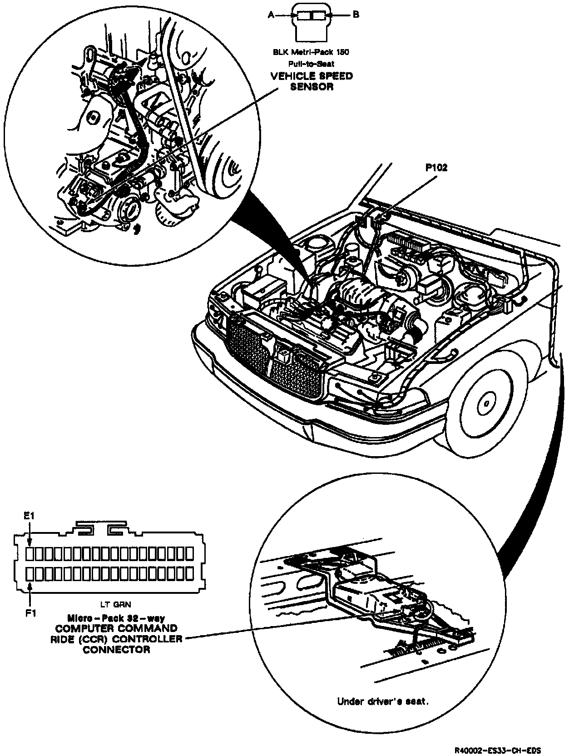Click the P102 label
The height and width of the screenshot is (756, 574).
point(436,168)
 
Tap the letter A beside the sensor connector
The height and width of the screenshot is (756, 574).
point(271,15)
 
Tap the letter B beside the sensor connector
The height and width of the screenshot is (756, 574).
point(356,15)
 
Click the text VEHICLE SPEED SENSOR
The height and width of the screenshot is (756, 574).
point(311,81)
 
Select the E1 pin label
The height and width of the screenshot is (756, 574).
point(30,516)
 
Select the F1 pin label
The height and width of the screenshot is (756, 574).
point(30,613)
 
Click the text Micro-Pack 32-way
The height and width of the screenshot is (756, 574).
point(116,618)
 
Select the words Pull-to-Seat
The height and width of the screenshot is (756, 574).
point(311,64)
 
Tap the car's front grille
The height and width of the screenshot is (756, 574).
point(272,354)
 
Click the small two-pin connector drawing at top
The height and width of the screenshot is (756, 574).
point(311,20)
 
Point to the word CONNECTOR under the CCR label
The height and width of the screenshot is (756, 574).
point(116,650)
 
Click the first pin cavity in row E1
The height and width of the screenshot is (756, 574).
point(30,553)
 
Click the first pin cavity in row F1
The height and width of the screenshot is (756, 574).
point(30,574)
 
